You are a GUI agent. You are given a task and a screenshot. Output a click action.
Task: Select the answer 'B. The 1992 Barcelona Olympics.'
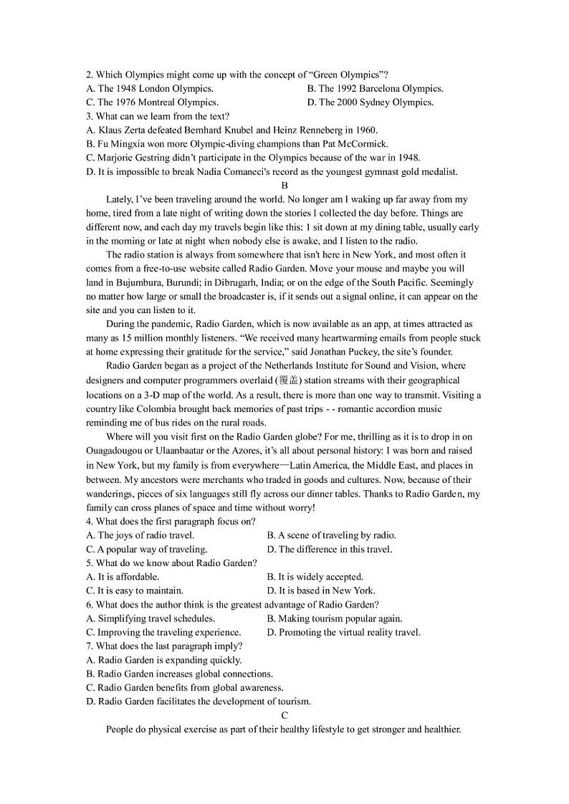[375, 88]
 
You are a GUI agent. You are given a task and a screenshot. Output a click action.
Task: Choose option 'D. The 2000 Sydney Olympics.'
[370, 102]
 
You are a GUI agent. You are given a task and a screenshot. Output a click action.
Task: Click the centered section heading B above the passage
[284, 186]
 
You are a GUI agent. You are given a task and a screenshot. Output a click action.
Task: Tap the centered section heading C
[284, 716]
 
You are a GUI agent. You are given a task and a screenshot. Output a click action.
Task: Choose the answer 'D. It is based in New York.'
[320, 590]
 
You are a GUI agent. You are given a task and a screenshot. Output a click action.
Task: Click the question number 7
[89, 646]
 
